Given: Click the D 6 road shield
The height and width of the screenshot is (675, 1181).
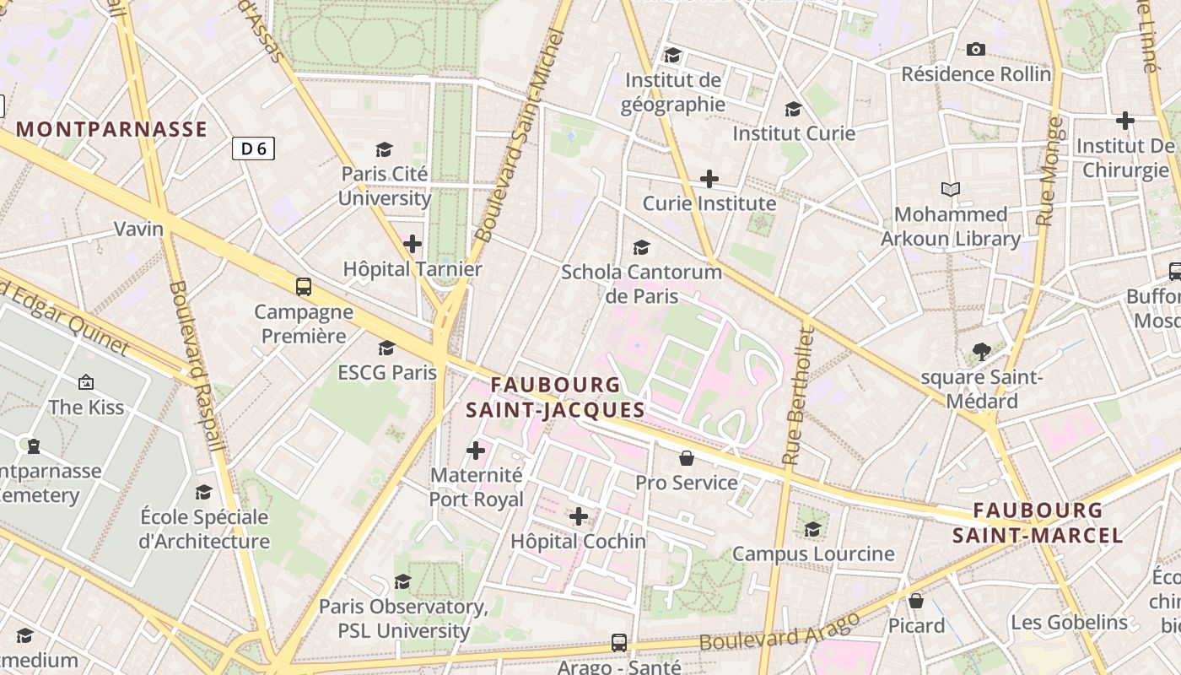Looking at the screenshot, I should [253, 148].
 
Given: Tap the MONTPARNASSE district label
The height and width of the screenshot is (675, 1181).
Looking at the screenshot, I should [112, 129].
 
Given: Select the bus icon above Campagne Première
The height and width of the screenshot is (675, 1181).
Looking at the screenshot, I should [304, 287].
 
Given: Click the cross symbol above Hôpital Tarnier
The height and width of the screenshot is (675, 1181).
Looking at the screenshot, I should [413, 245].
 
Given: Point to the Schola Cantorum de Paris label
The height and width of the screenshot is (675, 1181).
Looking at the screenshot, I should [642, 283].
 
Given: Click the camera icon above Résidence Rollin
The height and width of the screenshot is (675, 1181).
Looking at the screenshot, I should [976, 49].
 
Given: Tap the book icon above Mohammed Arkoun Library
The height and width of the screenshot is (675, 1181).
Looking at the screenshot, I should [951, 189].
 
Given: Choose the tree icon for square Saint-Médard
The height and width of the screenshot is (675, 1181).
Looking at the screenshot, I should [981, 351].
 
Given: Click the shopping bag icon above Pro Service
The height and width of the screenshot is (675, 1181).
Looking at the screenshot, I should [687, 458].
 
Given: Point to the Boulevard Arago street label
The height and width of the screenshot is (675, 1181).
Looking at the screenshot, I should [779, 630].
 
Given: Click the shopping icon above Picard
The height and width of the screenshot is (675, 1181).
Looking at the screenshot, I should [916, 601].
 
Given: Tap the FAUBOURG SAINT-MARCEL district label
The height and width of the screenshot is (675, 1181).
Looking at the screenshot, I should [1038, 522].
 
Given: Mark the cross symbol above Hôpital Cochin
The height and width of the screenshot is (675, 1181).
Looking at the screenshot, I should [579, 516].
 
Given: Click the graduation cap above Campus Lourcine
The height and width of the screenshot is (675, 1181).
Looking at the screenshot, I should [813, 529].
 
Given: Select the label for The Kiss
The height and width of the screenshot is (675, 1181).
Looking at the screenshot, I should [86, 408].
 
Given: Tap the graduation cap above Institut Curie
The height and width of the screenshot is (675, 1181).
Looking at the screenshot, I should [793, 109].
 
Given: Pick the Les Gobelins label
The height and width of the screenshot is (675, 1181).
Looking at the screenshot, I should [1069, 623].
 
